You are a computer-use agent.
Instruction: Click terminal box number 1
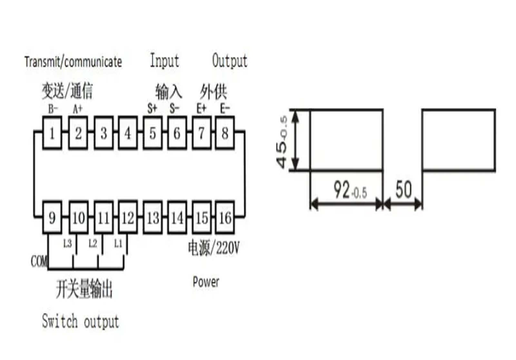(x=52, y=133)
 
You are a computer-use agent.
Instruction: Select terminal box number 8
(x=225, y=133)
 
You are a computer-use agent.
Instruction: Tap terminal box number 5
(x=153, y=133)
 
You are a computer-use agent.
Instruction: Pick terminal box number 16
(x=225, y=218)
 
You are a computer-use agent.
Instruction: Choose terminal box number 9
(x=52, y=218)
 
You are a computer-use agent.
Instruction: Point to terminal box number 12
(x=128, y=218)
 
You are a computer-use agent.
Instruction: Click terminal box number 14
(x=177, y=218)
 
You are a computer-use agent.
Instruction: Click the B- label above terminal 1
(x=53, y=109)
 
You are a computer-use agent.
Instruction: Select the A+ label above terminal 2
(x=78, y=109)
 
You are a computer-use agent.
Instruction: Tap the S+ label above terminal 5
(x=152, y=108)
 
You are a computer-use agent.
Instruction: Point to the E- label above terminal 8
(x=225, y=108)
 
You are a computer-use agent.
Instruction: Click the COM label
(x=39, y=261)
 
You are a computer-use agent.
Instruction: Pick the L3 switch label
(x=67, y=243)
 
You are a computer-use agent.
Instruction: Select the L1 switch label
(x=118, y=243)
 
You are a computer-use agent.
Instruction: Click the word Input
(x=164, y=61)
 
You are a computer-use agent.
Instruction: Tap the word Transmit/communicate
(x=73, y=62)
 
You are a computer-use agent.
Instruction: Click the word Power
(x=206, y=282)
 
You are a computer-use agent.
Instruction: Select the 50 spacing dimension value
(x=403, y=189)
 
